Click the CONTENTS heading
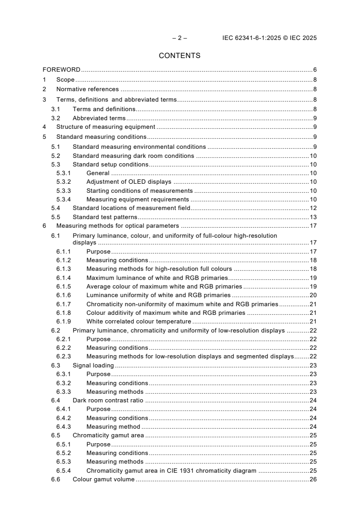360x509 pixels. coord(179,56)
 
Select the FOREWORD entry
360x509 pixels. coord(61,70)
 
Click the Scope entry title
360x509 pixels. coord(65,80)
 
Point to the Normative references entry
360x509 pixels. coord(87,89)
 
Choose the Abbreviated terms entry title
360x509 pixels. coord(99,118)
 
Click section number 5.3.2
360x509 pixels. coord(64,182)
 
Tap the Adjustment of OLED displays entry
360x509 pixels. coord(122,182)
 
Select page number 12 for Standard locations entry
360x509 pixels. coord(313,208)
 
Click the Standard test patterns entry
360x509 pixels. coord(105,217)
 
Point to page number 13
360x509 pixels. coord(313,217)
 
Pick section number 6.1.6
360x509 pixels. coord(64,295)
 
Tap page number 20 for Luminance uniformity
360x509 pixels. coord(313,295)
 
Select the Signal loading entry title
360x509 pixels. coord(93,365)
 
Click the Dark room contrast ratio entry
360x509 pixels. coord(108,400)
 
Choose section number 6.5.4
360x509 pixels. coord(64,470)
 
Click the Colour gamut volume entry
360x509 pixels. coord(104,480)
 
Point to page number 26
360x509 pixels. coord(313,480)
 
